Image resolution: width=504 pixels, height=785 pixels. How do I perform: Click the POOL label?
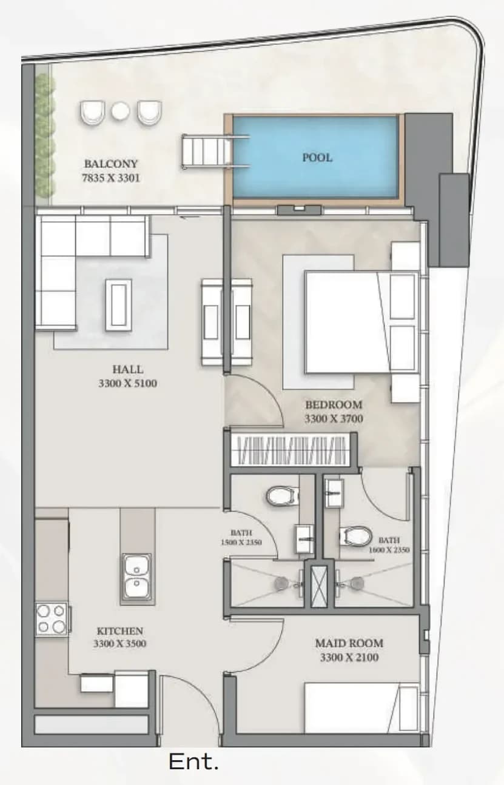(x=317, y=158)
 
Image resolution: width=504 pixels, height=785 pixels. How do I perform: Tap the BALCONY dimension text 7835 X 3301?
(x=111, y=178)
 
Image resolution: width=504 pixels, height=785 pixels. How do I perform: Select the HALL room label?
(x=127, y=369)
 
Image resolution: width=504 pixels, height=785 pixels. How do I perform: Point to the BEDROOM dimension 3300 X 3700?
(x=334, y=419)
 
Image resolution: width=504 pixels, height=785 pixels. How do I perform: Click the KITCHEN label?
(x=120, y=631)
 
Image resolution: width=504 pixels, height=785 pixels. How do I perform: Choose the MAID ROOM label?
(x=349, y=643)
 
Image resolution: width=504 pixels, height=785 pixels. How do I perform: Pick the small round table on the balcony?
(x=121, y=111)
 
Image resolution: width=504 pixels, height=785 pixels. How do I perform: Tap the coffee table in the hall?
(x=118, y=306)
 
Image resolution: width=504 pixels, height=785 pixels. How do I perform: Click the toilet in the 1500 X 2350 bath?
(x=281, y=496)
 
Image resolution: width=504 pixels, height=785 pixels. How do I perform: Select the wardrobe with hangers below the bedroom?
(x=290, y=450)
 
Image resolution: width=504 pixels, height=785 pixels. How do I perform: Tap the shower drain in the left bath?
(x=281, y=583)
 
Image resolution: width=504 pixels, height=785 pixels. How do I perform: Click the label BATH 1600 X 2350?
(x=389, y=545)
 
